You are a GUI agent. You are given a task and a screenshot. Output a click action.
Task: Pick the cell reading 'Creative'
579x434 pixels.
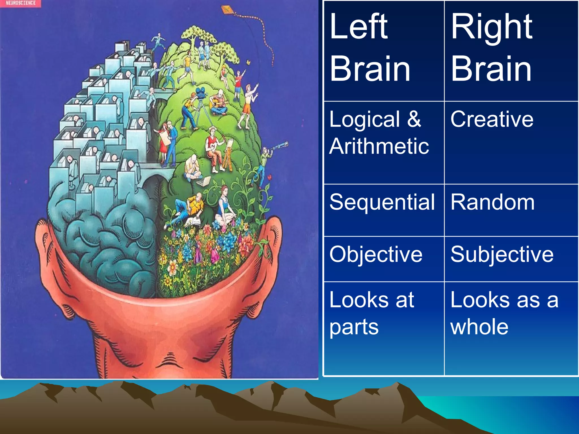pos(492,119)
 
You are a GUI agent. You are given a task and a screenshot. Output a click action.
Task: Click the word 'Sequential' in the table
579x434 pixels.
pos(382,202)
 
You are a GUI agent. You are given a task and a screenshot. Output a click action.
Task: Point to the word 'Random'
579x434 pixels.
pos(492,202)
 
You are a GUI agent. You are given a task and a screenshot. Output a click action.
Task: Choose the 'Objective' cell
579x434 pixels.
pos(376,254)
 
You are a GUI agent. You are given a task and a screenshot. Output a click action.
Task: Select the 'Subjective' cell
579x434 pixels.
pos(502,254)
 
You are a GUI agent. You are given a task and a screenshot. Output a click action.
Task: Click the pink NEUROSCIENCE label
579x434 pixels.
pos(20,3)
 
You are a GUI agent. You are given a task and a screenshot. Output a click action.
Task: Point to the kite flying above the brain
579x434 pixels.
pos(226,10)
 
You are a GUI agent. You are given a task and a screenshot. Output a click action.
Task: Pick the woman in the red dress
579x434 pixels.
pos(163,144)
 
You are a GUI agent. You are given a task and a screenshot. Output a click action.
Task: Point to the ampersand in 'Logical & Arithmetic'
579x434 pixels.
pos(414,119)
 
